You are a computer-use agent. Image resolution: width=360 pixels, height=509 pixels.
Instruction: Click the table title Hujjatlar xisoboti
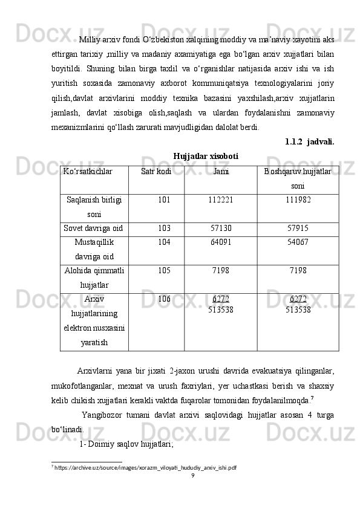[x=205, y=157]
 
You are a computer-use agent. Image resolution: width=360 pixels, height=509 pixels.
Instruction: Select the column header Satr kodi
[x=155, y=172]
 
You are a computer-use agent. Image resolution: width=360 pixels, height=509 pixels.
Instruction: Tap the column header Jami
[x=221, y=172]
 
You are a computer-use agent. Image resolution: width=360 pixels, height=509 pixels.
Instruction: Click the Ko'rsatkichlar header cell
[x=87, y=172]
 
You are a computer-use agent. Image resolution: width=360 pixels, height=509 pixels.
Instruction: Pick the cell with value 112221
[x=221, y=199]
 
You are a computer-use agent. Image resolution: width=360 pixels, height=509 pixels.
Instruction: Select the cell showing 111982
[x=298, y=199]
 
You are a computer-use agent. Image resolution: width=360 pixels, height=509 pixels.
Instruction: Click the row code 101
[x=163, y=199]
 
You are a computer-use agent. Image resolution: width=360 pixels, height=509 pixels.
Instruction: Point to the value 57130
[x=221, y=228]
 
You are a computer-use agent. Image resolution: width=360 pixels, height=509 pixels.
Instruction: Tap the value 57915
[x=298, y=228]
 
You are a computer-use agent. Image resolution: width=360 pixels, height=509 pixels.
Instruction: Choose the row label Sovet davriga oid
[x=94, y=228]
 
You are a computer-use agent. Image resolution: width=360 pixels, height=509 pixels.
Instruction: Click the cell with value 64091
[x=221, y=242]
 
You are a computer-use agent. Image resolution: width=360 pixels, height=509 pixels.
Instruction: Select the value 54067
[x=298, y=242]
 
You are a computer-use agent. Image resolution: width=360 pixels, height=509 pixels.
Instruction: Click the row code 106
[x=163, y=299]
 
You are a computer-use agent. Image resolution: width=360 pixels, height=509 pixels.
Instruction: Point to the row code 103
[x=163, y=228]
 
